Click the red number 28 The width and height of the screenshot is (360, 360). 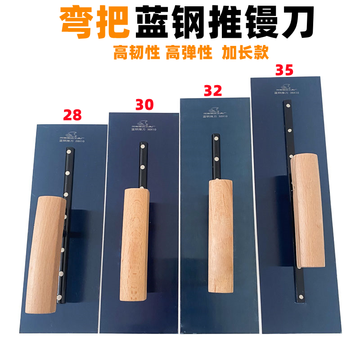(x=72, y=115)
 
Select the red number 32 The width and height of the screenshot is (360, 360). (x=213, y=90)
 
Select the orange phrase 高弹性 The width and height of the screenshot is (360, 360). (x=189, y=53)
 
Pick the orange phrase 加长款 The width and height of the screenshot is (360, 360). (x=245, y=53)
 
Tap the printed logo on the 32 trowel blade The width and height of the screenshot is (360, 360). (x=213, y=109)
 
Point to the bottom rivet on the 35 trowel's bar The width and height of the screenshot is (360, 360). (x=300, y=296)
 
